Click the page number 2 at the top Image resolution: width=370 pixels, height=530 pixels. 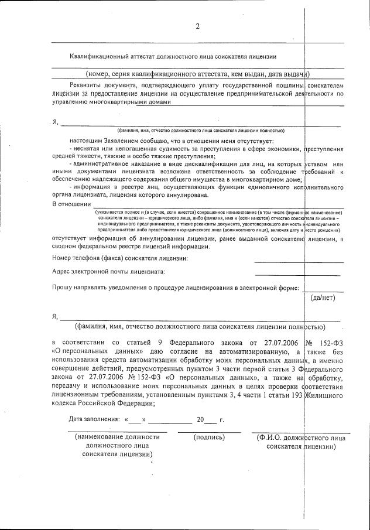(197, 26)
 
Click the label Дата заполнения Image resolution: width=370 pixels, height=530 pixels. (92, 420)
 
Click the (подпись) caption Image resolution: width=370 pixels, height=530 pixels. (209, 437)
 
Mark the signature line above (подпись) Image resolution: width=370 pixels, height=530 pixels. (209, 432)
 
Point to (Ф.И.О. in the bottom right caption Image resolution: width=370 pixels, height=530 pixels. (267, 437)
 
